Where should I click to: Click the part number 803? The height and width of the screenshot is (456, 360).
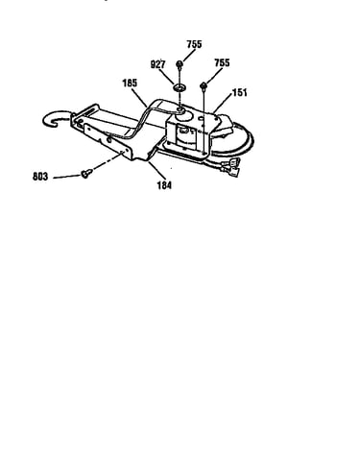pos(40,177)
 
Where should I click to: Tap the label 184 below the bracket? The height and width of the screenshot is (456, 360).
pos(164,185)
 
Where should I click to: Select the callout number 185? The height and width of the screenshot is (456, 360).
pos(130,84)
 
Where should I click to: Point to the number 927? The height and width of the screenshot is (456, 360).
pos(157,64)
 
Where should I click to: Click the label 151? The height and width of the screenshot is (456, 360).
pos(240,93)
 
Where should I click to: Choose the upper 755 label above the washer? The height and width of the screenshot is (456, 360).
pos(194,44)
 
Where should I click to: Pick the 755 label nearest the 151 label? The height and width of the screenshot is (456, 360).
pos(222,62)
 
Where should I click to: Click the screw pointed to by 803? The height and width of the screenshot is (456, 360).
pos(85,174)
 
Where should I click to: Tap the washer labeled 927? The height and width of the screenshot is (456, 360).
pos(180,87)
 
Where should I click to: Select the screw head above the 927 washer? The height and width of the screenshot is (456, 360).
pos(180,64)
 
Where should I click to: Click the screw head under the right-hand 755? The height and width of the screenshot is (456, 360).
pos(204,85)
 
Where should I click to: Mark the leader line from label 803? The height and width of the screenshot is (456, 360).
pos(67,177)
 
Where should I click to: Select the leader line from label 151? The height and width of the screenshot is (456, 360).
pos(223,104)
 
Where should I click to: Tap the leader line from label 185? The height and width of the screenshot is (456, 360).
pos(139,98)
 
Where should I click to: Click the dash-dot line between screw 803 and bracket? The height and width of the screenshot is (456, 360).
pos(108,161)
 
